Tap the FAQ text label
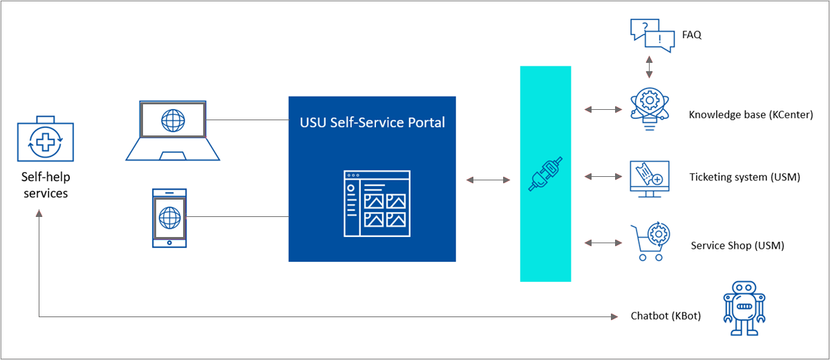pos(691,35)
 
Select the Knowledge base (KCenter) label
pos(751,115)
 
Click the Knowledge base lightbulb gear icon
pos(649,108)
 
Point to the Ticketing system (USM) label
pos(744,178)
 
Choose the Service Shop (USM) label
pos(737,245)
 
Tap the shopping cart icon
pos(649,242)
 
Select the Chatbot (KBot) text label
pos(666,316)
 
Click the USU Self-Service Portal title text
pos(372,123)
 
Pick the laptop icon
pos(172,131)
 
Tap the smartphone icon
pos(169,217)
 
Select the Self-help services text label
pos(46,185)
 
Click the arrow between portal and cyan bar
pos(488,180)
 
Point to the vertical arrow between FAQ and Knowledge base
pos(649,68)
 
